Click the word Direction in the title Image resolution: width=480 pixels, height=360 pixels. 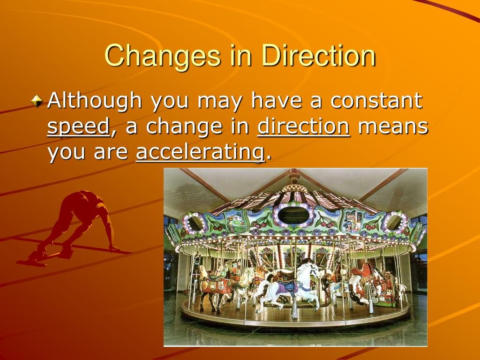(319, 55)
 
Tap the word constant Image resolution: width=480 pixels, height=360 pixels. (376, 100)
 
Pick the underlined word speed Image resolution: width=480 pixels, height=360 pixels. (78, 127)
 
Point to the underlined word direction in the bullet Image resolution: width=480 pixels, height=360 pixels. (303, 127)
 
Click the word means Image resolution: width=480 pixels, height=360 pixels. (393, 127)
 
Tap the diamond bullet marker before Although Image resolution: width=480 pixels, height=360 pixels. (37, 100)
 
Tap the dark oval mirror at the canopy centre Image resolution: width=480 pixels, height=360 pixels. (293, 216)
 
